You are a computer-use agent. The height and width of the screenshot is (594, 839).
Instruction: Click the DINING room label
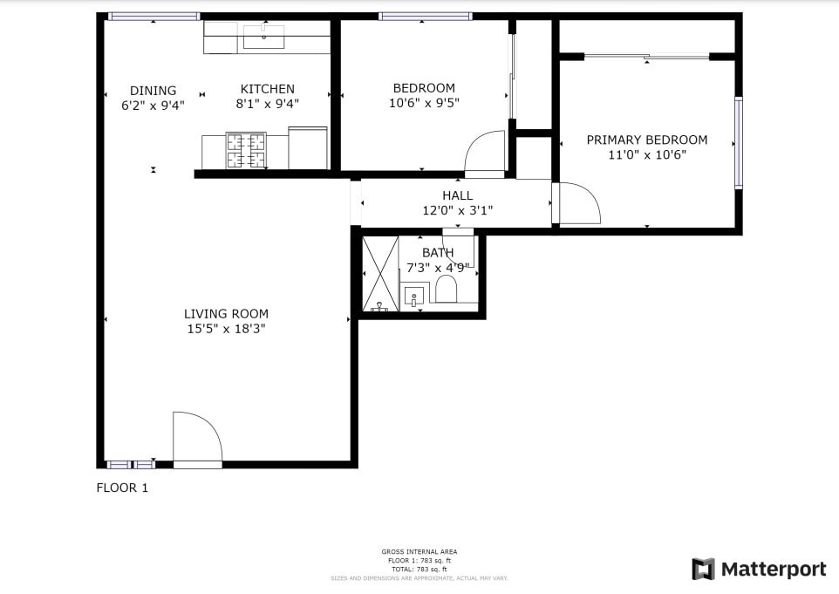click(153, 90)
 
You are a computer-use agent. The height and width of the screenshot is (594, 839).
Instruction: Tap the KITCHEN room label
click(267, 89)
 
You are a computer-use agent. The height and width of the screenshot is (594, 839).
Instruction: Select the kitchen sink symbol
click(263, 38)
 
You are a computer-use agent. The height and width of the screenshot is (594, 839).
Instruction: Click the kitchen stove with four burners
click(246, 149)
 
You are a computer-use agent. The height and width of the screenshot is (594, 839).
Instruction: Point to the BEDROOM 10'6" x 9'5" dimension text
click(424, 103)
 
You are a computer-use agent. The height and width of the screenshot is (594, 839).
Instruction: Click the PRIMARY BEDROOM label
click(646, 140)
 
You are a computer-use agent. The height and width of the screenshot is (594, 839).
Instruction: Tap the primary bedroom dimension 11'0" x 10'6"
click(646, 155)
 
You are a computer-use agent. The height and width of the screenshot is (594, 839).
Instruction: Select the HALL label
click(457, 195)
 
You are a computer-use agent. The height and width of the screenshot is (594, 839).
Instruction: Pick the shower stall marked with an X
click(380, 273)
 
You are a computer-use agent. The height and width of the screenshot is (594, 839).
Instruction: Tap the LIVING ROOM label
click(226, 314)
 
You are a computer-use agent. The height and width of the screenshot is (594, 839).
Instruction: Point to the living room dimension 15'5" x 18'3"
click(226, 330)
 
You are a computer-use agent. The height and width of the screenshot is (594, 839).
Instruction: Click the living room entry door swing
click(196, 439)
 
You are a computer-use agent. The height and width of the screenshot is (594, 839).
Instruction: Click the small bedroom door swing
click(485, 154)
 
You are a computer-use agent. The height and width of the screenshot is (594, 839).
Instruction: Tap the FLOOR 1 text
click(122, 488)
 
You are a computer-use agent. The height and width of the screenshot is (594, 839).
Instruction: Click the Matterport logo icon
click(703, 570)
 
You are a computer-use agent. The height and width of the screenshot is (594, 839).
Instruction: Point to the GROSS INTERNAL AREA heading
click(419, 551)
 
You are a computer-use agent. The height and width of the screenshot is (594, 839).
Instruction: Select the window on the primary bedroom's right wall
click(738, 143)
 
